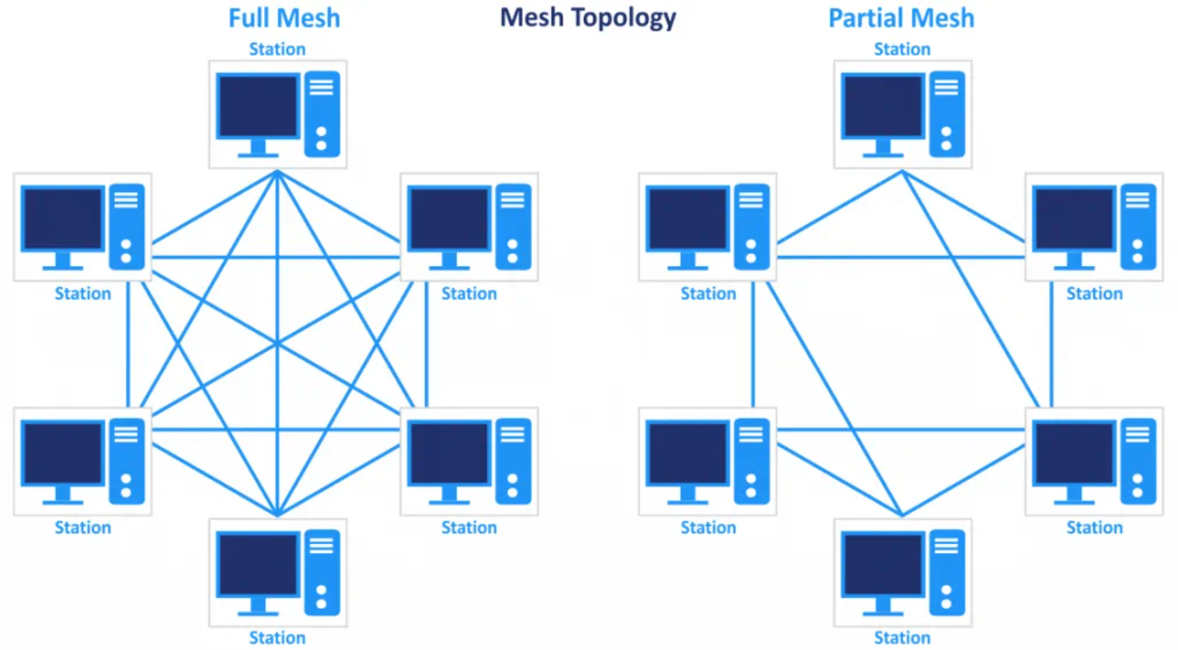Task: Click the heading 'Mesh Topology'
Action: [588, 18]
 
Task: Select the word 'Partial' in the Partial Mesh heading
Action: [864, 18]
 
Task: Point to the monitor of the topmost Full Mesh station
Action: [257, 107]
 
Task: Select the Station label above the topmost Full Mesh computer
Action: [277, 49]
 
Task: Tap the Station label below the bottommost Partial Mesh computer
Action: [902, 638]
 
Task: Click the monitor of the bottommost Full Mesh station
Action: [257, 565]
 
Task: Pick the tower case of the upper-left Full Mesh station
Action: [127, 227]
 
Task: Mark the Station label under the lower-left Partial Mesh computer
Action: [708, 528]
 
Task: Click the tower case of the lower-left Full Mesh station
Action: [127, 461]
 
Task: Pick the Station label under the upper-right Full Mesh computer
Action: [469, 293]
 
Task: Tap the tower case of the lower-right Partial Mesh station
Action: [1138, 461]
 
